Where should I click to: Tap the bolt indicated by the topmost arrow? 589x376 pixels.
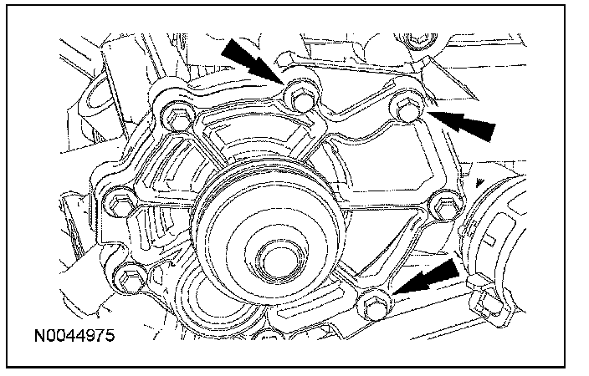coord(298,94)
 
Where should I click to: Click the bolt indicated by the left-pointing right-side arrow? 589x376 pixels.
coord(407,109)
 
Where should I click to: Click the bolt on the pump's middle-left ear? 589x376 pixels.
coord(118,203)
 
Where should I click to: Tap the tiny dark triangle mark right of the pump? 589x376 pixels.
coord(479,180)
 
